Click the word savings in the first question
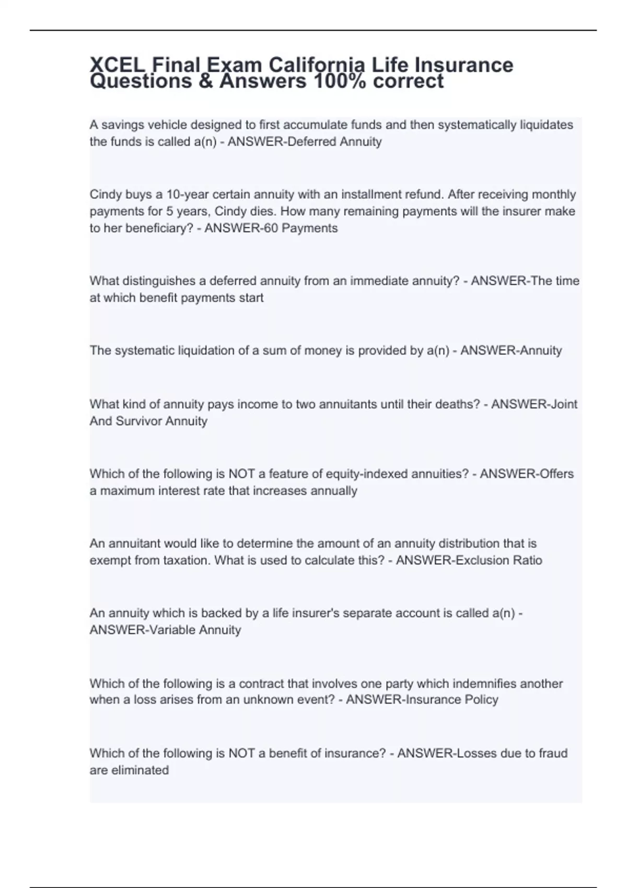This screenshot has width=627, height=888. [124, 125]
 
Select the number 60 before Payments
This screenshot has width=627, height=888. [270, 228]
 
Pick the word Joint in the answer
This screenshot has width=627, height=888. [563, 404]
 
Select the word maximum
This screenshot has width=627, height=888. [124, 491]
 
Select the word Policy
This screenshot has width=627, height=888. [481, 699]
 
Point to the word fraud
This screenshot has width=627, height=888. [553, 753]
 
